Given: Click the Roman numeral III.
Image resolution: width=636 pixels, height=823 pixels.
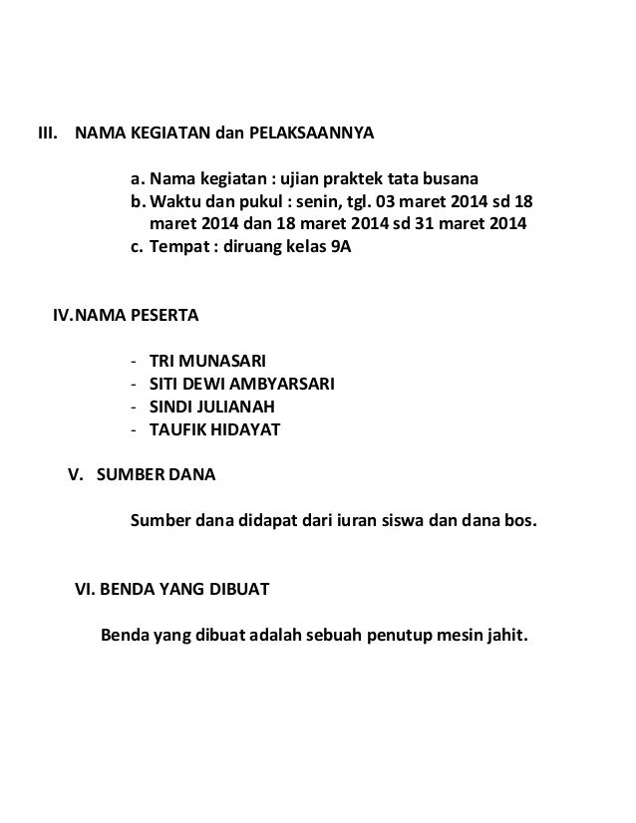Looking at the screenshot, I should (x=47, y=134).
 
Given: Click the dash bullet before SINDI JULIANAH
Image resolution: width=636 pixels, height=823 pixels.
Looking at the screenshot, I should (x=134, y=407).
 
